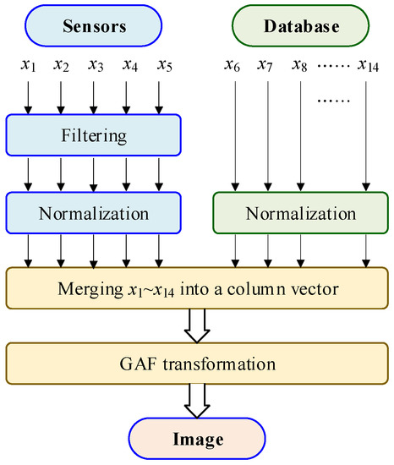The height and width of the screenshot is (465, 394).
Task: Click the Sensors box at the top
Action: pos(93,26)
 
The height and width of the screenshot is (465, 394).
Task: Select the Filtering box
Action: pos(93,134)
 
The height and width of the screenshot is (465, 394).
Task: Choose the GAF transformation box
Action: pos(196,364)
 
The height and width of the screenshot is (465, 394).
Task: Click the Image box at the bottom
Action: pos(196,439)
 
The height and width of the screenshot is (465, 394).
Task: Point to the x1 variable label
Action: pos(30,65)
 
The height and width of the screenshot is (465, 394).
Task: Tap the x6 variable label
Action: pos(235,65)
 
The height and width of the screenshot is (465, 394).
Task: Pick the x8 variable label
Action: pos(300,65)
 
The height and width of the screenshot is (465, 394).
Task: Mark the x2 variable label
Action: pos(61,65)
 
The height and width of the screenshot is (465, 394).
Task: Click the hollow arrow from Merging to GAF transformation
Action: pos(196,326)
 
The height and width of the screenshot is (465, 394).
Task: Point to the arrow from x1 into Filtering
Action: pos(29,96)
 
